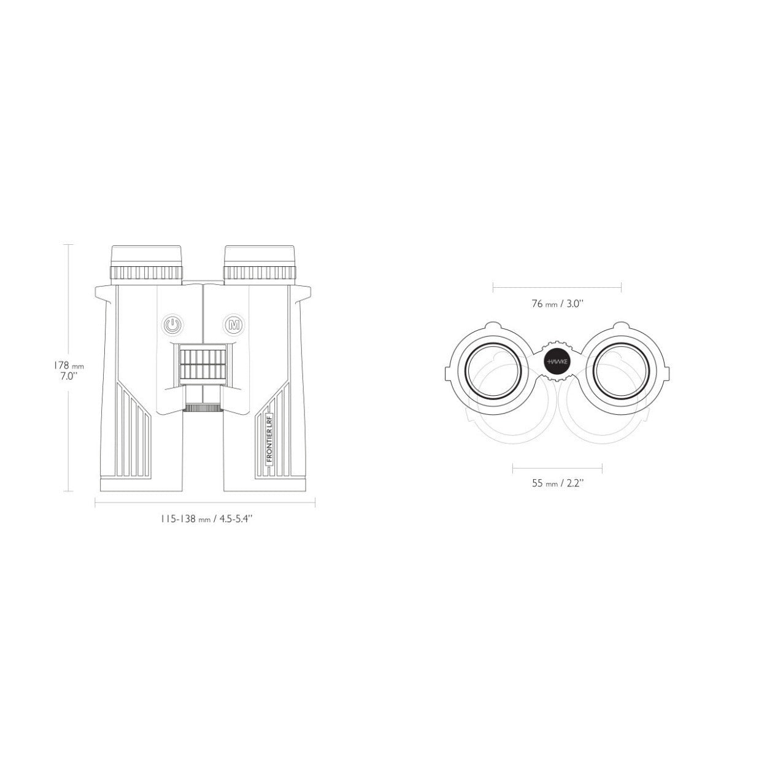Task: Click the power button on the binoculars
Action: (172, 325)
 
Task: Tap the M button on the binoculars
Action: (234, 325)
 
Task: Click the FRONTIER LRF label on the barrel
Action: (269, 441)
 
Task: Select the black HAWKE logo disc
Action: (557, 362)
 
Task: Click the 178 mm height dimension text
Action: (69, 365)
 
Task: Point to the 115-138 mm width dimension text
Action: (206, 518)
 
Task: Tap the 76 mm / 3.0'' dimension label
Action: (557, 304)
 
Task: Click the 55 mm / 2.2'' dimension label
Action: (557, 484)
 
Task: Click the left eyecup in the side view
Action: (147, 265)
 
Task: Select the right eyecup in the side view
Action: (260, 265)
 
